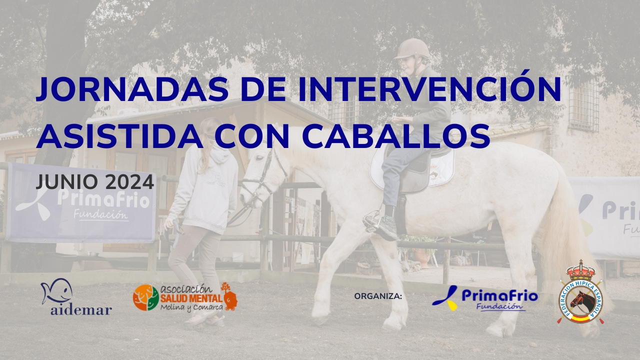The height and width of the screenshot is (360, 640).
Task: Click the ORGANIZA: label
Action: pyautogui.click(x=378, y=296)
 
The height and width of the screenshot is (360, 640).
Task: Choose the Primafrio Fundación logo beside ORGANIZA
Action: pyautogui.click(x=484, y=298)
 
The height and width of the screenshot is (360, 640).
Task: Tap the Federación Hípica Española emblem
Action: pyautogui.click(x=580, y=293)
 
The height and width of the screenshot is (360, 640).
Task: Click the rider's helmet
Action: pyautogui.click(x=412, y=49)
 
